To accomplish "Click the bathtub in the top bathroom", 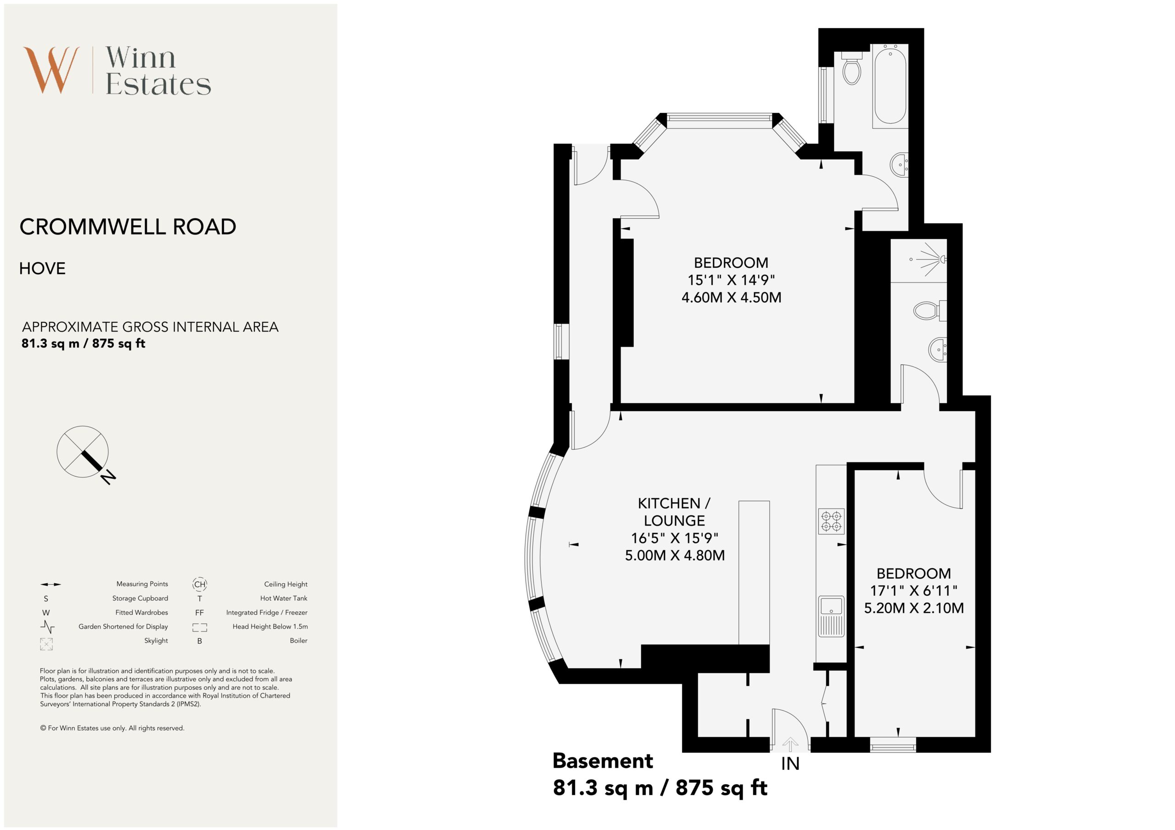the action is click(x=890, y=85).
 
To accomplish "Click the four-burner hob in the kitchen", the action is click(x=831, y=521).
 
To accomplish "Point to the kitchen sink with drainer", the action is click(x=831, y=616).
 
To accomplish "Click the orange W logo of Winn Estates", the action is click(x=51, y=70).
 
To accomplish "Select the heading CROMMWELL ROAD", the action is click(x=128, y=227).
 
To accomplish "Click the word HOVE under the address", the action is click(x=43, y=268).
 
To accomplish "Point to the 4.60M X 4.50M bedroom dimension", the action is click(x=731, y=298).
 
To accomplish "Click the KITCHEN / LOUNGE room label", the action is click(x=674, y=512).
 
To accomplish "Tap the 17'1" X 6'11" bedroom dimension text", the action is click(x=913, y=591).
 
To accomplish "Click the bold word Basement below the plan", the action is click(x=603, y=761).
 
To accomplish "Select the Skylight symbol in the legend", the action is click(x=46, y=644).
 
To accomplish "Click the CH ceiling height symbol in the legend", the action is click(x=200, y=584).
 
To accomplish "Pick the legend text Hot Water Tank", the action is click(x=284, y=598).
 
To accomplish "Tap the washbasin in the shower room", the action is click(x=938, y=349).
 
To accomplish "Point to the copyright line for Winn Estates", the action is click(x=112, y=728).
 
